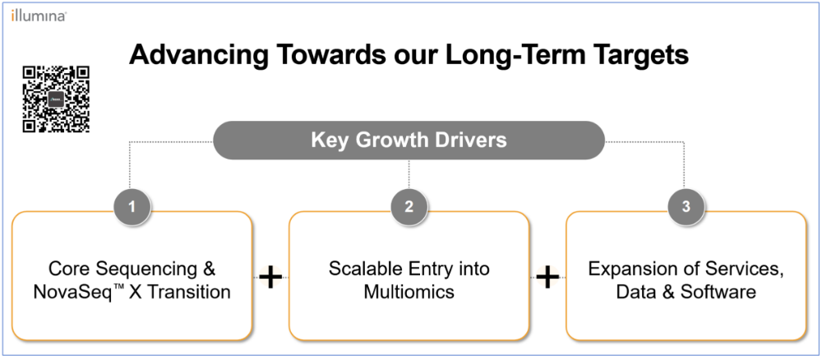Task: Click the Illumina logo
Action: (x=39, y=16)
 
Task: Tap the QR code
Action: (x=56, y=99)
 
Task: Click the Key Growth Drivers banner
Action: (x=409, y=140)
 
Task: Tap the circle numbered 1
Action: (x=132, y=206)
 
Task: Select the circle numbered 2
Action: (x=409, y=206)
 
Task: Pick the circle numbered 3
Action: (x=686, y=206)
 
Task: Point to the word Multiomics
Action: (x=409, y=291)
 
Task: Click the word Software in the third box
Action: (x=718, y=291)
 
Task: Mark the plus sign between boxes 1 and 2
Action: (x=270, y=278)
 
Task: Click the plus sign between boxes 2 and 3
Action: (x=547, y=278)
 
